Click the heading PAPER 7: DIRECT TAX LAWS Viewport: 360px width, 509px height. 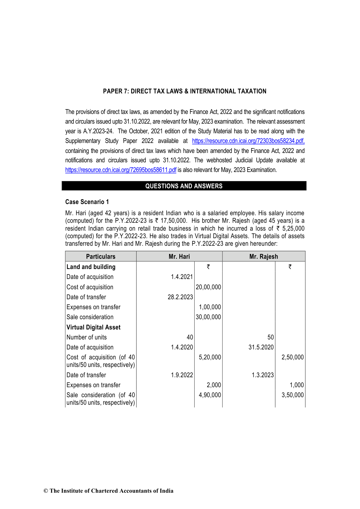184,91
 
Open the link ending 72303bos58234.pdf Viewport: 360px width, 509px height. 248,141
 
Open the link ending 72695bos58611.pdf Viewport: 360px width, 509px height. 121,170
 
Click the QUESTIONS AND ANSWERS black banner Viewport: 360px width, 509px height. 184,186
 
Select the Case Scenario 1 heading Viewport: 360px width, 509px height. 87,202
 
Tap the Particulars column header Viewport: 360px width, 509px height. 101,257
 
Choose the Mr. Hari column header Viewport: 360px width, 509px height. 179,257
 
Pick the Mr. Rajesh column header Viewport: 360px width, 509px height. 264,257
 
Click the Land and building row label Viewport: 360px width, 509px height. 91,267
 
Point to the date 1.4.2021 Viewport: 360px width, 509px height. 182,277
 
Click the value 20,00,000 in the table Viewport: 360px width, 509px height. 208,287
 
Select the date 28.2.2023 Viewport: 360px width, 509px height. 180,297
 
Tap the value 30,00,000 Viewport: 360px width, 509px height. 208,317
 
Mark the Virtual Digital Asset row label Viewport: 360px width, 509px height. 93,327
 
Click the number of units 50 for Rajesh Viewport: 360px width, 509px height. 271,337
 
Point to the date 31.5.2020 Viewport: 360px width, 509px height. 261,347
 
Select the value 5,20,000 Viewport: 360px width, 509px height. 210,357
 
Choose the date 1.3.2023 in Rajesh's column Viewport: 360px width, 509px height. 263,375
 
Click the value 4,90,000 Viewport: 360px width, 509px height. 210,395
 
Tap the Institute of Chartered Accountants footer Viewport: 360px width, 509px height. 109,491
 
